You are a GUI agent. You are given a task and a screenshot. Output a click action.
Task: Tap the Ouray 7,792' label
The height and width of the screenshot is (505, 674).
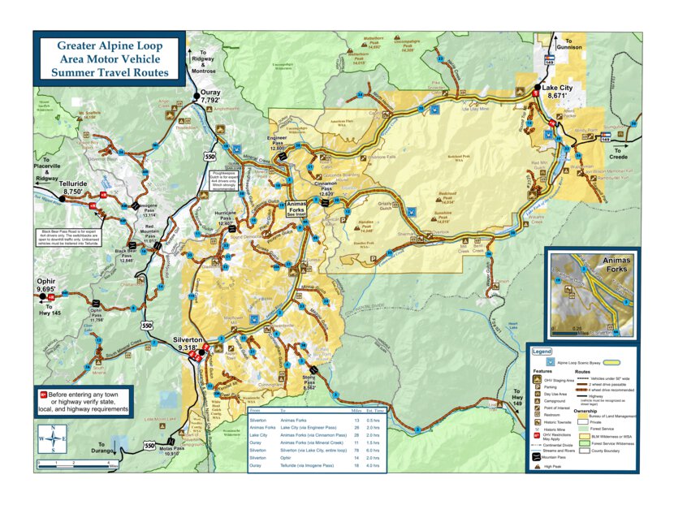pyautogui.click(x=210, y=93)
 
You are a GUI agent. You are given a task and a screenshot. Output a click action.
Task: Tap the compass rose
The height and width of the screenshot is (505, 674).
pyautogui.click(x=53, y=438)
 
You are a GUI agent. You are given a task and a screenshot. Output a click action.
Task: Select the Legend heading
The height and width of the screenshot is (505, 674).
pyautogui.click(x=542, y=352)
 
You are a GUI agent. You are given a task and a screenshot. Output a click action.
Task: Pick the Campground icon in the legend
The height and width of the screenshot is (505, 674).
pyautogui.click(x=537, y=400)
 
